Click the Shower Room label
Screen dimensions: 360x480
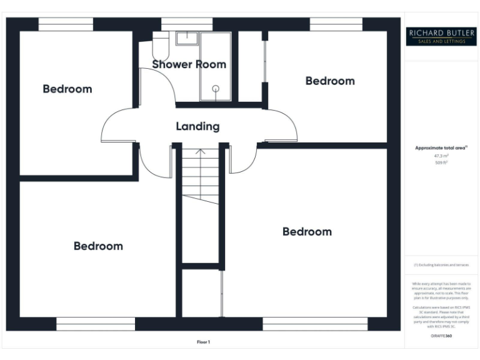[x=189, y=64]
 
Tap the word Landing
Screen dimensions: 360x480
[x=197, y=126]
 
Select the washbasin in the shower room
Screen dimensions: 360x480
[x=186, y=39]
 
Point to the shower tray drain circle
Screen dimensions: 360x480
[x=216, y=89]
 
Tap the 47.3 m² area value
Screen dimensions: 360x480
[x=442, y=156]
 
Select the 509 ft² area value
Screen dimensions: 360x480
[x=442, y=162]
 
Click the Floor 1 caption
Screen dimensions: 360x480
[x=204, y=342]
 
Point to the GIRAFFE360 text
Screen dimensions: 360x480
[x=442, y=336]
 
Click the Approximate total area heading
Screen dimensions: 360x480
[x=442, y=148]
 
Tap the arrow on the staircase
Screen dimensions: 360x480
[x=200, y=152]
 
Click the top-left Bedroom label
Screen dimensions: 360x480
[x=67, y=89]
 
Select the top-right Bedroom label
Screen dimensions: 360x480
[x=330, y=81]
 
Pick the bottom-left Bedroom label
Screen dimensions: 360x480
[x=98, y=246]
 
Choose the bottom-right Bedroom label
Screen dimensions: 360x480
[x=307, y=231]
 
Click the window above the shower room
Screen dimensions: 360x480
[x=187, y=24]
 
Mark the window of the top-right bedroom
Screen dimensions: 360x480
[x=336, y=24]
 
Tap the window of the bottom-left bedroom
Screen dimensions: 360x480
[x=96, y=324]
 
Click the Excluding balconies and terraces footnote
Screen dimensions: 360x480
[x=442, y=265]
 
